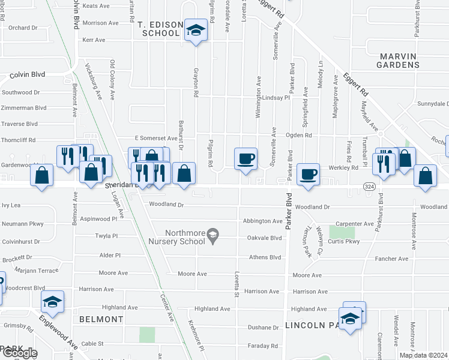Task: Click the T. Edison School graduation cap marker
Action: [195, 31]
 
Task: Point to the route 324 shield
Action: [370, 187]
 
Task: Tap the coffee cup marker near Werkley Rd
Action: [309, 175]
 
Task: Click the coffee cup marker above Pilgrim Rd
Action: [246, 159]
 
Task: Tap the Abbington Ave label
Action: [262, 221]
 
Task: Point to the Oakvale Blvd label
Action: [264, 238]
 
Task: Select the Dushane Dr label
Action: [263, 328]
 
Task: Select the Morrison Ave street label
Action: [101, 23]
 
